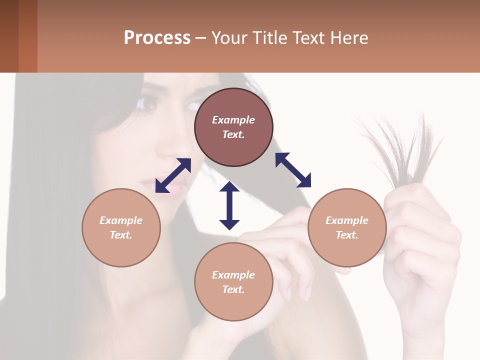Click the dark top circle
[x=233, y=127]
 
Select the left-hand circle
[x=121, y=227]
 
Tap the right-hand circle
[x=347, y=227]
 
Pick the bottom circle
[x=233, y=282]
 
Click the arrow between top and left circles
[x=173, y=175]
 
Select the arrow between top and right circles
[x=293, y=170]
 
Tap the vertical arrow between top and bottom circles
[x=229, y=205]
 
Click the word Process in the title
[x=157, y=37]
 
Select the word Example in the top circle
[x=233, y=120]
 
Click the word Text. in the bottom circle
[x=233, y=289]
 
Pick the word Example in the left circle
[x=121, y=220]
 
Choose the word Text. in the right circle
[x=347, y=235]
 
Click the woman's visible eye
[x=148, y=103]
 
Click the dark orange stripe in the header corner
[x=28, y=36]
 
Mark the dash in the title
[x=200, y=38]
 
